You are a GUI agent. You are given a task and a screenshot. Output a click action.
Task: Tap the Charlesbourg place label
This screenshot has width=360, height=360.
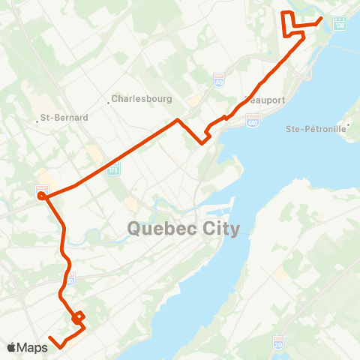pyautogui.click(x=142, y=98)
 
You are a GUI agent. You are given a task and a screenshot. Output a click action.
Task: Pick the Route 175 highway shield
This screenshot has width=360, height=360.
pyautogui.click(x=114, y=170)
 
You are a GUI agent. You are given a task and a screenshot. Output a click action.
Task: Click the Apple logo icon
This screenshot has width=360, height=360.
pyautogui.click(x=11, y=347)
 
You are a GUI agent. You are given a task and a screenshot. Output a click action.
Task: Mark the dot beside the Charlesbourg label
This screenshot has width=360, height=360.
pyautogui.click(x=109, y=102)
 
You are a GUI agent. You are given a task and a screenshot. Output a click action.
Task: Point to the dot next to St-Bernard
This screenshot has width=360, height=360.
pyautogui.click(x=37, y=118)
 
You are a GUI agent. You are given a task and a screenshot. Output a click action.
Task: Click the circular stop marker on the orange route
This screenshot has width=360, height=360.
pyautogui.click(x=41, y=196)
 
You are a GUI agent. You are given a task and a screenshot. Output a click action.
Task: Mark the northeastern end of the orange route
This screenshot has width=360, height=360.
pyautogui.click(x=321, y=18)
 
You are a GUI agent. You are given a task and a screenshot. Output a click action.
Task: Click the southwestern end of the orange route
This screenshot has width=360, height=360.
pyautogui.click(x=50, y=338)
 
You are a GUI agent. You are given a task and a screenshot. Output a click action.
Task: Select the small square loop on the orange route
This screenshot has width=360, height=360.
pyautogui.click(x=77, y=318)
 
